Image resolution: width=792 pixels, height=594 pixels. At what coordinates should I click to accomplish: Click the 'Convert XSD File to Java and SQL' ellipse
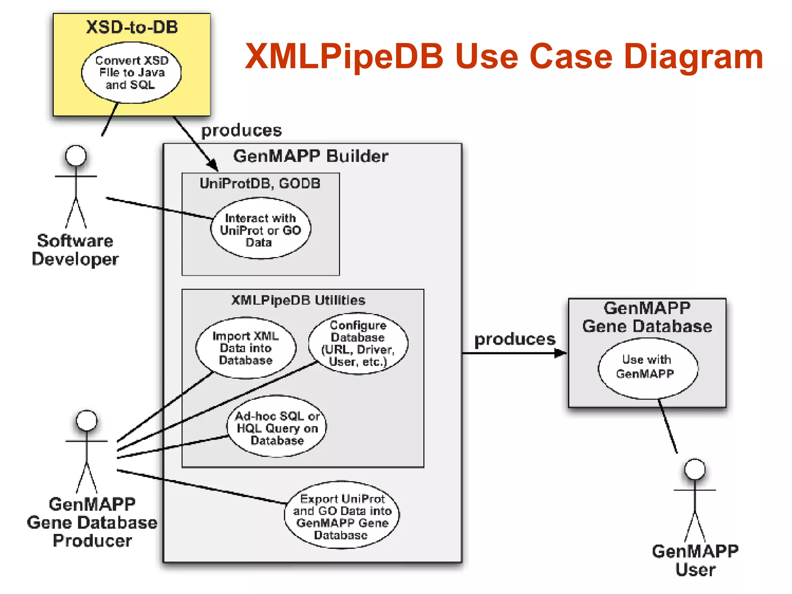(x=131, y=73)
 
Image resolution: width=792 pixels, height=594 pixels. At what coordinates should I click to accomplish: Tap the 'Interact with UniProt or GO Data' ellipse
(x=260, y=229)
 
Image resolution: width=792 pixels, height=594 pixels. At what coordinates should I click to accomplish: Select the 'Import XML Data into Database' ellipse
(x=246, y=348)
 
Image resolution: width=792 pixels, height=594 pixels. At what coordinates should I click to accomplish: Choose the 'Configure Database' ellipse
(x=358, y=343)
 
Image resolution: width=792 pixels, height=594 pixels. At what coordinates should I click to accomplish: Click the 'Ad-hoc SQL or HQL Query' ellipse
(x=277, y=427)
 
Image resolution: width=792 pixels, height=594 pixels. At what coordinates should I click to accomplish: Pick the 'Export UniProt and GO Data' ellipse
(x=342, y=515)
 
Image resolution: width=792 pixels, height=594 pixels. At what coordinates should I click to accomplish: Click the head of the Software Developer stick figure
(x=76, y=155)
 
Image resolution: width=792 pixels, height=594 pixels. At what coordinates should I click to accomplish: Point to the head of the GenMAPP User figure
(x=695, y=469)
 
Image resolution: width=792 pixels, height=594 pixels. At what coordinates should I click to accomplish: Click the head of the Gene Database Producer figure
(x=87, y=420)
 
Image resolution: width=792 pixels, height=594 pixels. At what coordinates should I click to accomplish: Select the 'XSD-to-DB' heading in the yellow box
(x=132, y=27)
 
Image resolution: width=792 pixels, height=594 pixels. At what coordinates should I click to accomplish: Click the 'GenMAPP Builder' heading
(x=311, y=156)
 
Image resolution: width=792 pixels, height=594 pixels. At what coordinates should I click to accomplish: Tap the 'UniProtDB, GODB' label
(x=260, y=183)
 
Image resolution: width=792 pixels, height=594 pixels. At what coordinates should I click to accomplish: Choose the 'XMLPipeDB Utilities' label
(x=298, y=300)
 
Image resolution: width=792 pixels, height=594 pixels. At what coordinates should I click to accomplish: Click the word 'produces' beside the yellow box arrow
(x=242, y=130)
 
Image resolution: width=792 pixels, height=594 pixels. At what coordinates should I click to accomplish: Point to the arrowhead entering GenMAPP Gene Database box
(x=560, y=353)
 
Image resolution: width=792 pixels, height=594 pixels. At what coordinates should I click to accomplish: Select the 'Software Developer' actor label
(x=75, y=250)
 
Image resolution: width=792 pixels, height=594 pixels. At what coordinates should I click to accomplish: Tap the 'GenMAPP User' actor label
(x=695, y=560)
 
